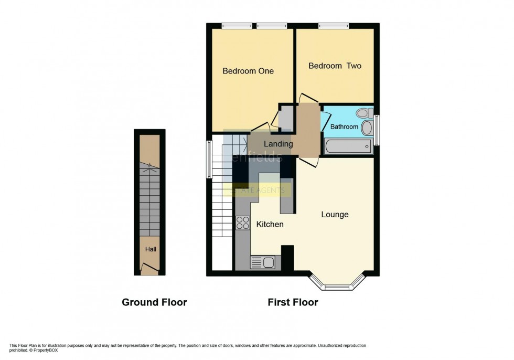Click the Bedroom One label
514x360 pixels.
tap(248, 71)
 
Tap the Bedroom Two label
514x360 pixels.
tap(335, 66)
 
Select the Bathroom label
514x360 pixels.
tap(344, 126)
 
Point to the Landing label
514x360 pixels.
tap(278, 144)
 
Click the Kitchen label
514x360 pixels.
tap(270, 224)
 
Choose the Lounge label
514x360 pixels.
tap(335, 214)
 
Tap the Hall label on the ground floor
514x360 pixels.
tap(151, 249)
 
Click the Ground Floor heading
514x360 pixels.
tap(154, 302)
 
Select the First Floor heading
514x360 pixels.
tap(293, 302)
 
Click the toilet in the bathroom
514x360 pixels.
tap(363, 113)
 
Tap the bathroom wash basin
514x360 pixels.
tap(367, 128)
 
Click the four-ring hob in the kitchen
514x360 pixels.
tap(243, 223)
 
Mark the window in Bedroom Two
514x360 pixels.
tap(334, 26)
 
